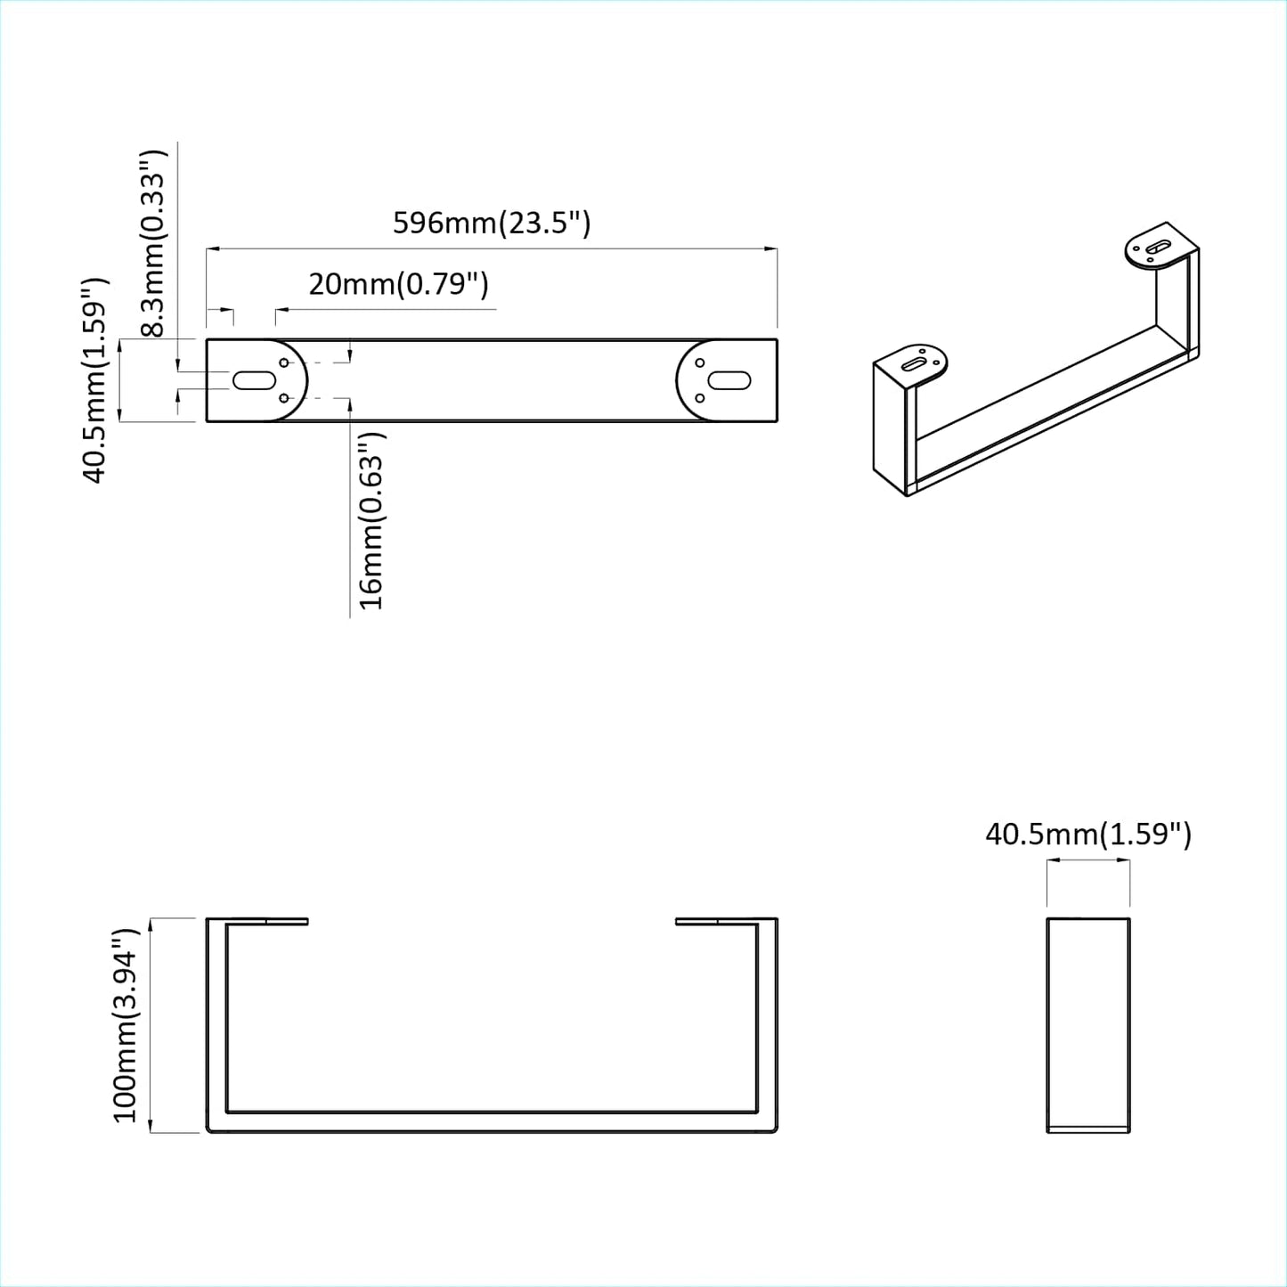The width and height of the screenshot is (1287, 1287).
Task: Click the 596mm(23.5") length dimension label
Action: [492, 222]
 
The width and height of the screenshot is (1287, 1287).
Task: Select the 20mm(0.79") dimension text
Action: [398, 284]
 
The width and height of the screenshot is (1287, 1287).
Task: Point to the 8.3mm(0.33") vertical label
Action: [153, 242]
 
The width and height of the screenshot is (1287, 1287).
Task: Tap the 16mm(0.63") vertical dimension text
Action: [371, 521]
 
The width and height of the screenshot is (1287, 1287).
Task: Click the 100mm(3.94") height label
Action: [126, 1024]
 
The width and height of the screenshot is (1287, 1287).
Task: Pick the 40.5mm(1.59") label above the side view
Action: [1087, 835]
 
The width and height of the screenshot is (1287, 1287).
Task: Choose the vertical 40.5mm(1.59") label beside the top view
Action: [94, 380]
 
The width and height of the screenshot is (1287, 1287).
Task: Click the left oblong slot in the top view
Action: [254, 380]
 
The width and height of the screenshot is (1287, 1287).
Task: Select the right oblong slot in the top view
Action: [729, 380]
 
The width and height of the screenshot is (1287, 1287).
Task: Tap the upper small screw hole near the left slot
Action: [284, 362]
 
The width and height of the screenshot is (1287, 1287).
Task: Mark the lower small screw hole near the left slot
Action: [284, 398]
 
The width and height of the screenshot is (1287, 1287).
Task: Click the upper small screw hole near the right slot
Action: [700, 362]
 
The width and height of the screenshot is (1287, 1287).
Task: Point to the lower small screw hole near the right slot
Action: [700, 397]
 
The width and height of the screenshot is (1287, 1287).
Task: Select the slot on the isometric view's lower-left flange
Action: [915, 363]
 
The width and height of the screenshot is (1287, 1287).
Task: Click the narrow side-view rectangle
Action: [1087, 1024]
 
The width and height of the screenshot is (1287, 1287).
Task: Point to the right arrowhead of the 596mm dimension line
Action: [771, 249]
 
